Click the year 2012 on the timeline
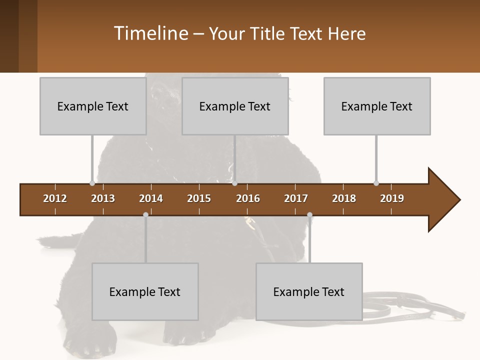[x=55, y=198]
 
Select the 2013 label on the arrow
[x=103, y=198]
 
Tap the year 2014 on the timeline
[x=151, y=198]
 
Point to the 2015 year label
[x=199, y=198]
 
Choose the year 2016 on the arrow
[x=248, y=198]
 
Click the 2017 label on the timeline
[x=296, y=198]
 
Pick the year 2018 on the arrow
[x=344, y=198]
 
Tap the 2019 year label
[x=392, y=198]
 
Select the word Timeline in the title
[x=150, y=33]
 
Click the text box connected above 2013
[x=93, y=106]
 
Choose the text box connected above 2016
[x=235, y=106]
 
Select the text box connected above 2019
[x=377, y=106]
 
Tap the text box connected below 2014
[x=145, y=291]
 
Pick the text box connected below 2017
[x=309, y=291]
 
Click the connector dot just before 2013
[x=92, y=183]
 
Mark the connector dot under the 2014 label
[x=145, y=214]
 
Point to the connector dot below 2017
[x=309, y=215]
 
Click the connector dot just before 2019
[x=376, y=183]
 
